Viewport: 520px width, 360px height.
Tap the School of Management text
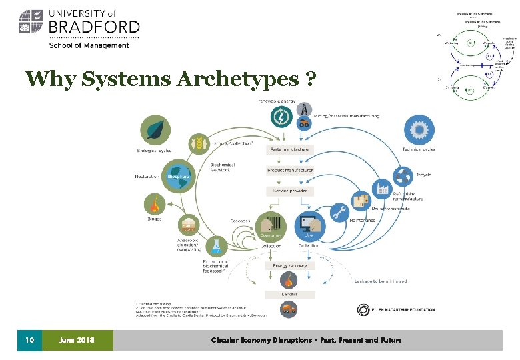coord(89,45)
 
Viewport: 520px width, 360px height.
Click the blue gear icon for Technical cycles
coord(418,129)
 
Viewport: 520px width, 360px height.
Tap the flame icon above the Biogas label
coord(155,203)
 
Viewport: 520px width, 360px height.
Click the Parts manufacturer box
coord(290,149)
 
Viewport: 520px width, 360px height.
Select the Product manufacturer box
coord(290,170)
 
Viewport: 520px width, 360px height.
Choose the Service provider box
coord(290,191)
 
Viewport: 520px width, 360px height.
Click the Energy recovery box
coord(289,265)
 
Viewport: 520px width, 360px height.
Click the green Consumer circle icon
coord(271,225)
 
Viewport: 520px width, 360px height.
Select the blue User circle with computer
coord(309,225)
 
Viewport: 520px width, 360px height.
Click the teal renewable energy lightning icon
coord(282,117)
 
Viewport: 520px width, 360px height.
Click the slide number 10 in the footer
coord(29,340)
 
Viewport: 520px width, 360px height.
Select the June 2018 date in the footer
coord(78,340)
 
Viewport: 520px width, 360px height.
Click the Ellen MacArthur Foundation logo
coord(395,310)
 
